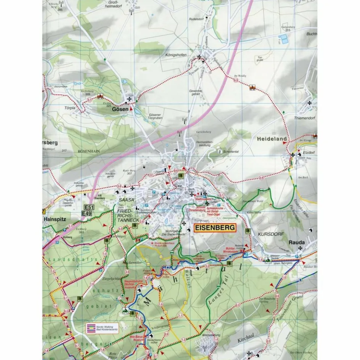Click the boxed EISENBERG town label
[215, 228]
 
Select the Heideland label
[271, 140]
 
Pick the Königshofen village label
[176, 55]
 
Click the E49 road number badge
[87, 214]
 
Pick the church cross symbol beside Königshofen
[199, 57]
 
